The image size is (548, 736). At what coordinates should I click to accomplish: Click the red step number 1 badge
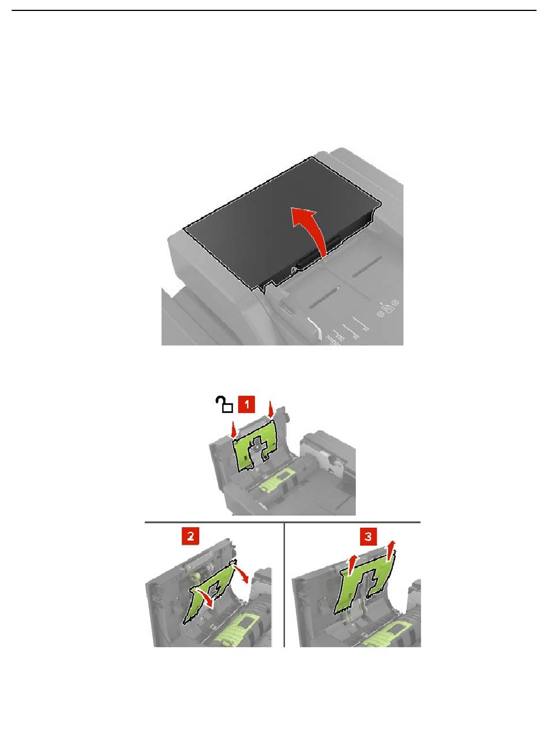pyautogui.click(x=246, y=404)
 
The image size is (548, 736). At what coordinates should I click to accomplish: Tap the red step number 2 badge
pyautogui.click(x=190, y=536)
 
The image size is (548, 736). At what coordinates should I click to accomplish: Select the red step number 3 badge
pyautogui.click(x=369, y=536)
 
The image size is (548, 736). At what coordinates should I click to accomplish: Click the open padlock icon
pyautogui.click(x=224, y=404)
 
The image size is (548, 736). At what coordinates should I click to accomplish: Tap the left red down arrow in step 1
pyautogui.click(x=235, y=429)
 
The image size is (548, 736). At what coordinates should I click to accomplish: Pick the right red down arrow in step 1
pyautogui.click(x=271, y=410)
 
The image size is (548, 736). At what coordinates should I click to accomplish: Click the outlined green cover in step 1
pyautogui.click(x=254, y=446)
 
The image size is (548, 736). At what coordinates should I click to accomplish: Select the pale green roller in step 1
pyautogui.click(x=276, y=485)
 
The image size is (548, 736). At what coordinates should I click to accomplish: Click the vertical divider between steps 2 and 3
pyautogui.click(x=284, y=584)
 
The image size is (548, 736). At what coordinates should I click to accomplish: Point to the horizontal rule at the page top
pyautogui.click(x=274, y=10)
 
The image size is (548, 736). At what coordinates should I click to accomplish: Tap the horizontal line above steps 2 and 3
pyautogui.click(x=283, y=522)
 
